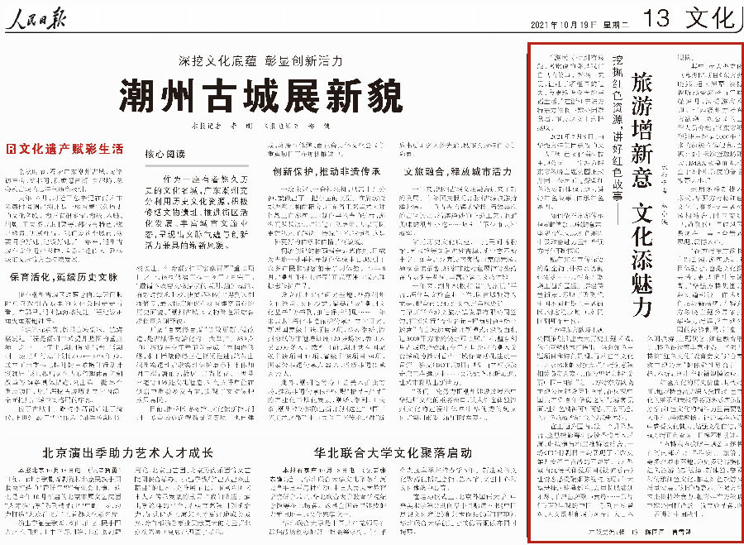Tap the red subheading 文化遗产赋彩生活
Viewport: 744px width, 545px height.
click(64, 150)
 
